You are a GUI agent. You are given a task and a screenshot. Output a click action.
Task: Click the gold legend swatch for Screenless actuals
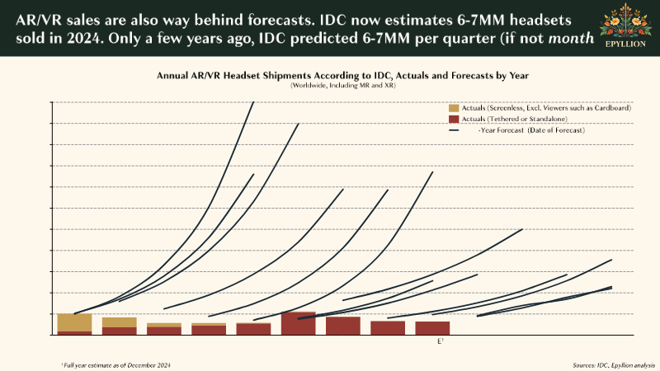454,108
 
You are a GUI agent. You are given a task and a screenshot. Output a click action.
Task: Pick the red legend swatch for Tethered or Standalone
454,119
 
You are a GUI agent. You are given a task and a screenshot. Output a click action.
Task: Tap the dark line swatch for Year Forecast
454,130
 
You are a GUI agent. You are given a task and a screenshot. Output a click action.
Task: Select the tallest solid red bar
299,323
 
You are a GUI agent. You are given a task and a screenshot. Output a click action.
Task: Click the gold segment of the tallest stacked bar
74,322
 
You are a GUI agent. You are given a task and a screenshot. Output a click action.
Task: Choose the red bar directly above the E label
433,327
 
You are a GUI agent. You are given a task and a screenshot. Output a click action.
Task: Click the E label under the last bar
439,340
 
